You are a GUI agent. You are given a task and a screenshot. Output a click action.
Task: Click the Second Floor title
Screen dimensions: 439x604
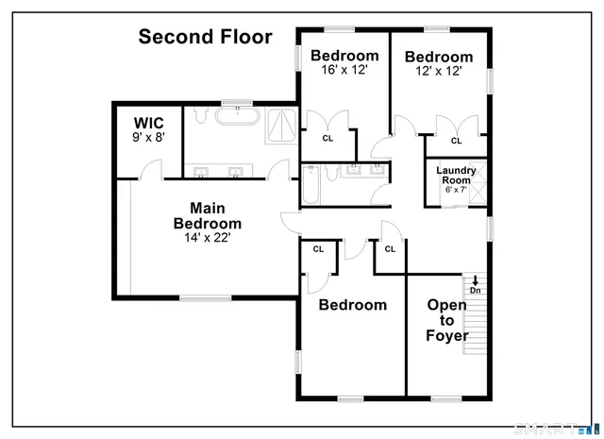[205, 38]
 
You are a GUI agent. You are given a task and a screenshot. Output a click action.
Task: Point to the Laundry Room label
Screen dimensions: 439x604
[456, 175]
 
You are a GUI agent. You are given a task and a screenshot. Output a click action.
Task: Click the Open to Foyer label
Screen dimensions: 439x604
[447, 320]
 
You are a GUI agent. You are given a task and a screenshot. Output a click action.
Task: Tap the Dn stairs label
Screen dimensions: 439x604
[476, 290]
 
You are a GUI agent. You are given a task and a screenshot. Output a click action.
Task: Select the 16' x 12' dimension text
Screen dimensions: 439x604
[344, 70]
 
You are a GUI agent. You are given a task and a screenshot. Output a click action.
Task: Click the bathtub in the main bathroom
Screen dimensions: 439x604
[236, 118]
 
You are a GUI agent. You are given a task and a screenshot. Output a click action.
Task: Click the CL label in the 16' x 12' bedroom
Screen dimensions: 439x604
[327, 138]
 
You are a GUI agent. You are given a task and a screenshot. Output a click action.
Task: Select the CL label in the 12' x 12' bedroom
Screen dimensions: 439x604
[456, 141]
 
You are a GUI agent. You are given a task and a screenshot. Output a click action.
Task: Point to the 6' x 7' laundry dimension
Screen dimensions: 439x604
[456, 190]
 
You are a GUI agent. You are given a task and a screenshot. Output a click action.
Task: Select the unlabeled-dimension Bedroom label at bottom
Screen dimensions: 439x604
[352, 305]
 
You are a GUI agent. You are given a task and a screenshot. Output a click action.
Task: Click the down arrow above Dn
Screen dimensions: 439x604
[476, 279]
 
